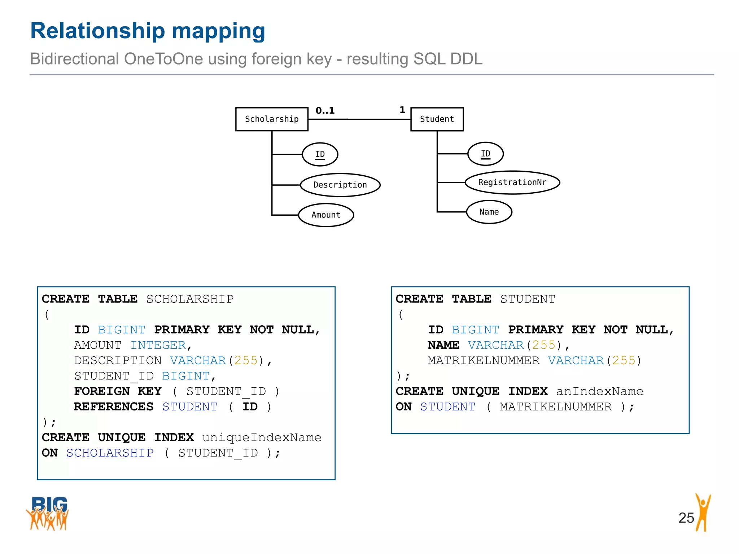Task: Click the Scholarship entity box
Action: pos(272,119)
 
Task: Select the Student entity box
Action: pos(437,119)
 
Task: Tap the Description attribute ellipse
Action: pos(340,185)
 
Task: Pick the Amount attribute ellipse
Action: pos(326,215)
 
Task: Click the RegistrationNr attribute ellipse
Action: pos(512,183)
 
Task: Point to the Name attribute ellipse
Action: pos(489,212)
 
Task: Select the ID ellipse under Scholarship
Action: pos(320,154)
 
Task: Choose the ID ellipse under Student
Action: pos(485,154)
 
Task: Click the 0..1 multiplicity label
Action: pos(325,111)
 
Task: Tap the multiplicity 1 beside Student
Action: pos(402,110)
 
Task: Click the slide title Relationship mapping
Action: pos(148,31)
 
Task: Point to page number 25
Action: pos(686,518)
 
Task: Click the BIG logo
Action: pos(48,513)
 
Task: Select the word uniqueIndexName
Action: pos(262,438)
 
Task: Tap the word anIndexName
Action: pos(599,391)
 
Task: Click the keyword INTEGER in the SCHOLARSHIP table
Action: pos(158,345)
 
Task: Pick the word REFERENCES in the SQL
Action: pos(114,407)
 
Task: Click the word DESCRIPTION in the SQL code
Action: pos(118,361)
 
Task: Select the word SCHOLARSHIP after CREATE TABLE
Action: pos(190,299)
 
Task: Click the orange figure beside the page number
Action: pos(703,512)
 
